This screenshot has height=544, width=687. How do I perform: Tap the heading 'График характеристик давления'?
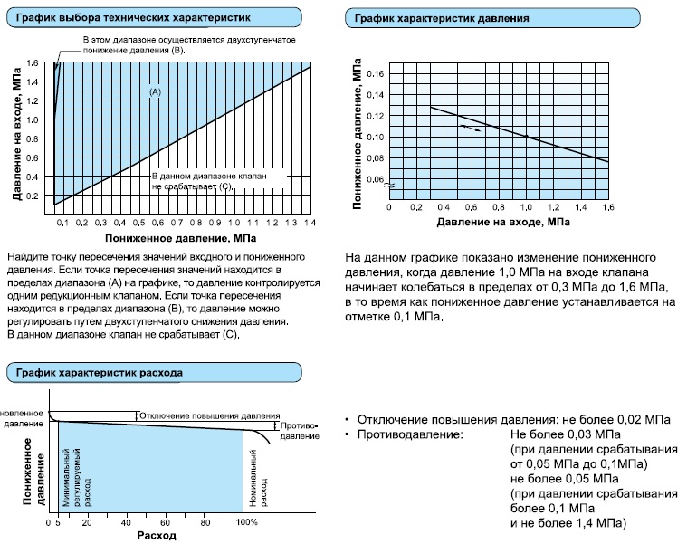(442, 18)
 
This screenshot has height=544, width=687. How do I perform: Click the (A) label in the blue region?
(155, 91)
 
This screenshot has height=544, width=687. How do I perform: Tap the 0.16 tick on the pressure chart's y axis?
(373, 73)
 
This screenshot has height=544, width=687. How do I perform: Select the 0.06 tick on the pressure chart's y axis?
(373, 179)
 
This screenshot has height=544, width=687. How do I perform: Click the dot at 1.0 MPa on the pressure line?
(526, 137)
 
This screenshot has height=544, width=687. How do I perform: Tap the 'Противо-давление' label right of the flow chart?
(299, 431)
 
